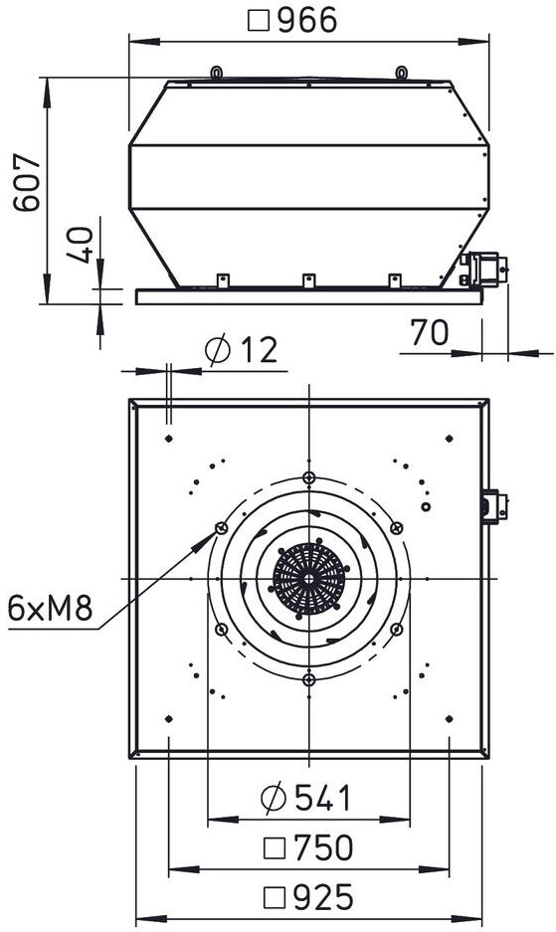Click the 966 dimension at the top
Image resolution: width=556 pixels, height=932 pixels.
292,20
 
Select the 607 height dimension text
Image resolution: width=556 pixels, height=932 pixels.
28,183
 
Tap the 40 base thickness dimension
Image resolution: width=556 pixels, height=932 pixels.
80,245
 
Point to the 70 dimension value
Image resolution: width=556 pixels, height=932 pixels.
430,333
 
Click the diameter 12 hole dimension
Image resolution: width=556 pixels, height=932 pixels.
242,349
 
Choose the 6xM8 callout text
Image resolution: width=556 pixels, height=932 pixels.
50,608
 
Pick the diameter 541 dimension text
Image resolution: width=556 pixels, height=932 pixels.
306,799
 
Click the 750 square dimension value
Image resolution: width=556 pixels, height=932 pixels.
308,848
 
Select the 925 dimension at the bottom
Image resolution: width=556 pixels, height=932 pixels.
308,897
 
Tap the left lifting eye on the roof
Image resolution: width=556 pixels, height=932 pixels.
217,73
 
